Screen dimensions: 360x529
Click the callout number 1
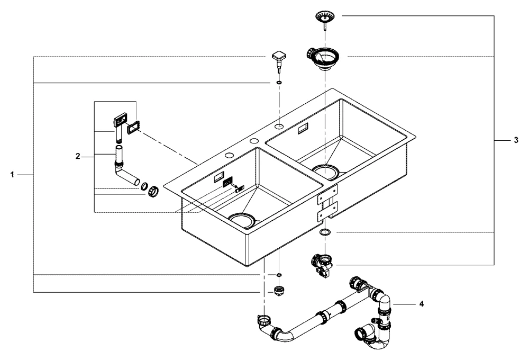(x=12, y=174)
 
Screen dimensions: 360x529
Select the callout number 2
(x=77, y=156)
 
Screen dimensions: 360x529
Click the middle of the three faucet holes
(x=254, y=141)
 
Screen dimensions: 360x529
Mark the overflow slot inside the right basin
(x=304, y=128)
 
